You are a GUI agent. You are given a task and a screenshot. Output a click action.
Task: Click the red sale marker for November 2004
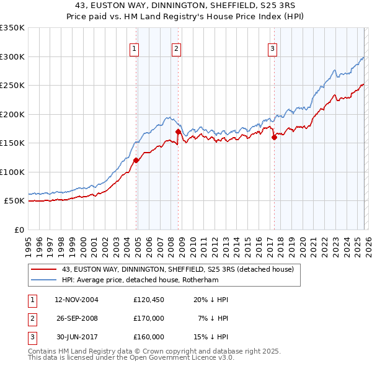click(136, 160)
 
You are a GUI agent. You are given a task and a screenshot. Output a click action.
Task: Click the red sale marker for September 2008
click(178, 132)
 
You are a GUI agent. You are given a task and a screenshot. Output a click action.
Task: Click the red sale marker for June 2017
click(274, 138)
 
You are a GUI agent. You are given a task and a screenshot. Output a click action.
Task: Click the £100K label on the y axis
click(12, 172)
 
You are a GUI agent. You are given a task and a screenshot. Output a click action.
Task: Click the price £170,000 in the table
click(148, 318)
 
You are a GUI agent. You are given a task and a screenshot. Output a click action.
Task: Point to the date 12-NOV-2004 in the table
click(76, 300)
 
